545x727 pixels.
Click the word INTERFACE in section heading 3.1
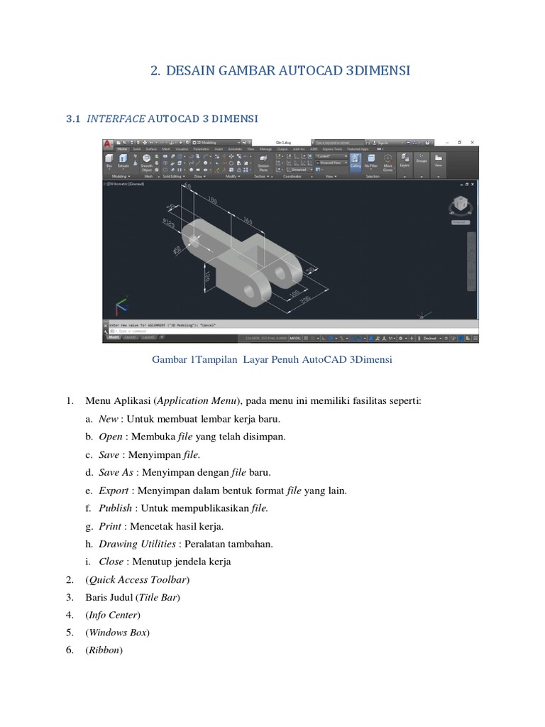(x=116, y=118)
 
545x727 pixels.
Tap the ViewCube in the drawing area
(x=459, y=205)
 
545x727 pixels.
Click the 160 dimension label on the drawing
(x=247, y=221)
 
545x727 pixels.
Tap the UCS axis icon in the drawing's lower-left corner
(x=121, y=307)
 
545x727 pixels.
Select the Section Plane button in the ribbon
(x=263, y=165)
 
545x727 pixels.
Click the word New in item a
(x=109, y=419)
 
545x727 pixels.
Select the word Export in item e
(x=114, y=490)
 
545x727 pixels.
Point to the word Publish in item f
(x=115, y=508)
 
